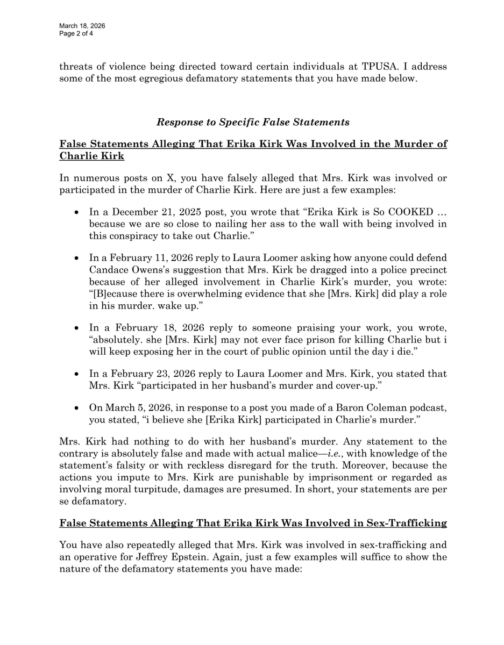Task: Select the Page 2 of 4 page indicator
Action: click(x=75, y=33)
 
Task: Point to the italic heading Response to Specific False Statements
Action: click(x=253, y=122)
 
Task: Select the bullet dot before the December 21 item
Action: click(x=77, y=212)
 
